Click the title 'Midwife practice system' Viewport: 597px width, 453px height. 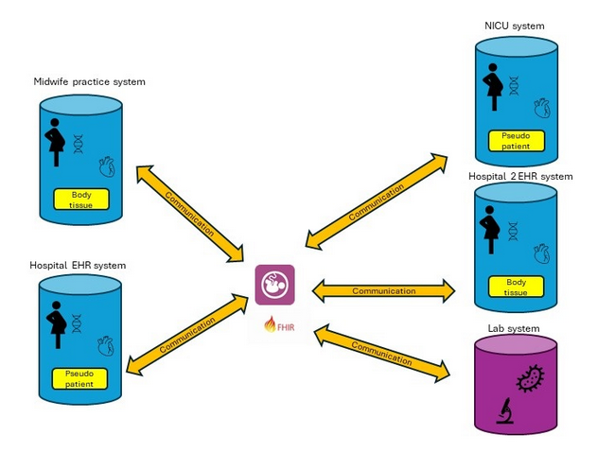pos(89,81)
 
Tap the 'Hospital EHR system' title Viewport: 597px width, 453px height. pos(78,266)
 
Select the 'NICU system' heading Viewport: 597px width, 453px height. pos(515,26)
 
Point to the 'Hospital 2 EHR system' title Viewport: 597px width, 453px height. pos(520,176)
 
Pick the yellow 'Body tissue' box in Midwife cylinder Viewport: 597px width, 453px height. pos(81,199)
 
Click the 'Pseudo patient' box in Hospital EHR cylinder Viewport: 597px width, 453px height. pos(80,379)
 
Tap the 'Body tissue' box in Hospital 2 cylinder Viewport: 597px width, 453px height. pos(516,287)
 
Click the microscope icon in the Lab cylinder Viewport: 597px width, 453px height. pos(505,412)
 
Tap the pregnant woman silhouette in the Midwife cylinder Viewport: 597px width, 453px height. pos(55,140)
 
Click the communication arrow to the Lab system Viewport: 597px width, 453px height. pos(382,353)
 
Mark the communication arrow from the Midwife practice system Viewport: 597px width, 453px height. pos(189,214)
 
